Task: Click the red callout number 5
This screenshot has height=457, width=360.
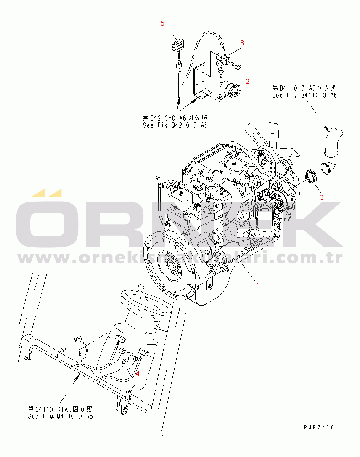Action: pos(163,23)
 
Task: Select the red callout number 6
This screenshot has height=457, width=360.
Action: pos(242,43)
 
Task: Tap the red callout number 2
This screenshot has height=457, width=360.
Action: pos(248,81)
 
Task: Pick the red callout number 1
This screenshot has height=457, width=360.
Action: pos(258,285)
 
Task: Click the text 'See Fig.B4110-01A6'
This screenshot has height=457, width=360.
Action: pos(304,95)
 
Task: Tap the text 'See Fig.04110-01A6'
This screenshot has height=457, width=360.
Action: pos(60,416)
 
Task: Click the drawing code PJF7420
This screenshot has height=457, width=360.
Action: pos(319,427)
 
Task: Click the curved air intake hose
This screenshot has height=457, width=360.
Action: pos(332,147)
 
